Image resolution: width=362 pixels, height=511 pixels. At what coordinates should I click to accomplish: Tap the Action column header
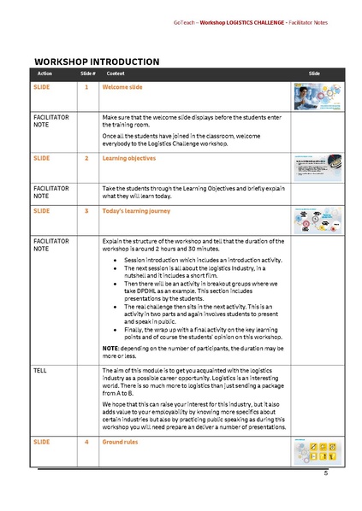click(x=45, y=74)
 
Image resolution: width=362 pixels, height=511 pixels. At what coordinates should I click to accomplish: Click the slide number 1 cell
click(x=86, y=88)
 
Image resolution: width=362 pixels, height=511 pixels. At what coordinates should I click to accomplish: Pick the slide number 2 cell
click(x=86, y=158)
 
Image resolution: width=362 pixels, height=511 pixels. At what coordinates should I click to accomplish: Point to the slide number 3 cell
click(x=86, y=210)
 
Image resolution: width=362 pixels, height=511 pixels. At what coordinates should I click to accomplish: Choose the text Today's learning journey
click(x=136, y=210)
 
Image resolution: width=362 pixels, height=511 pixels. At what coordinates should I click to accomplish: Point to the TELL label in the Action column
click(x=39, y=370)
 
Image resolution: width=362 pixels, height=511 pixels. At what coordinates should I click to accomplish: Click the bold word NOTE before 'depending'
click(x=110, y=346)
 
